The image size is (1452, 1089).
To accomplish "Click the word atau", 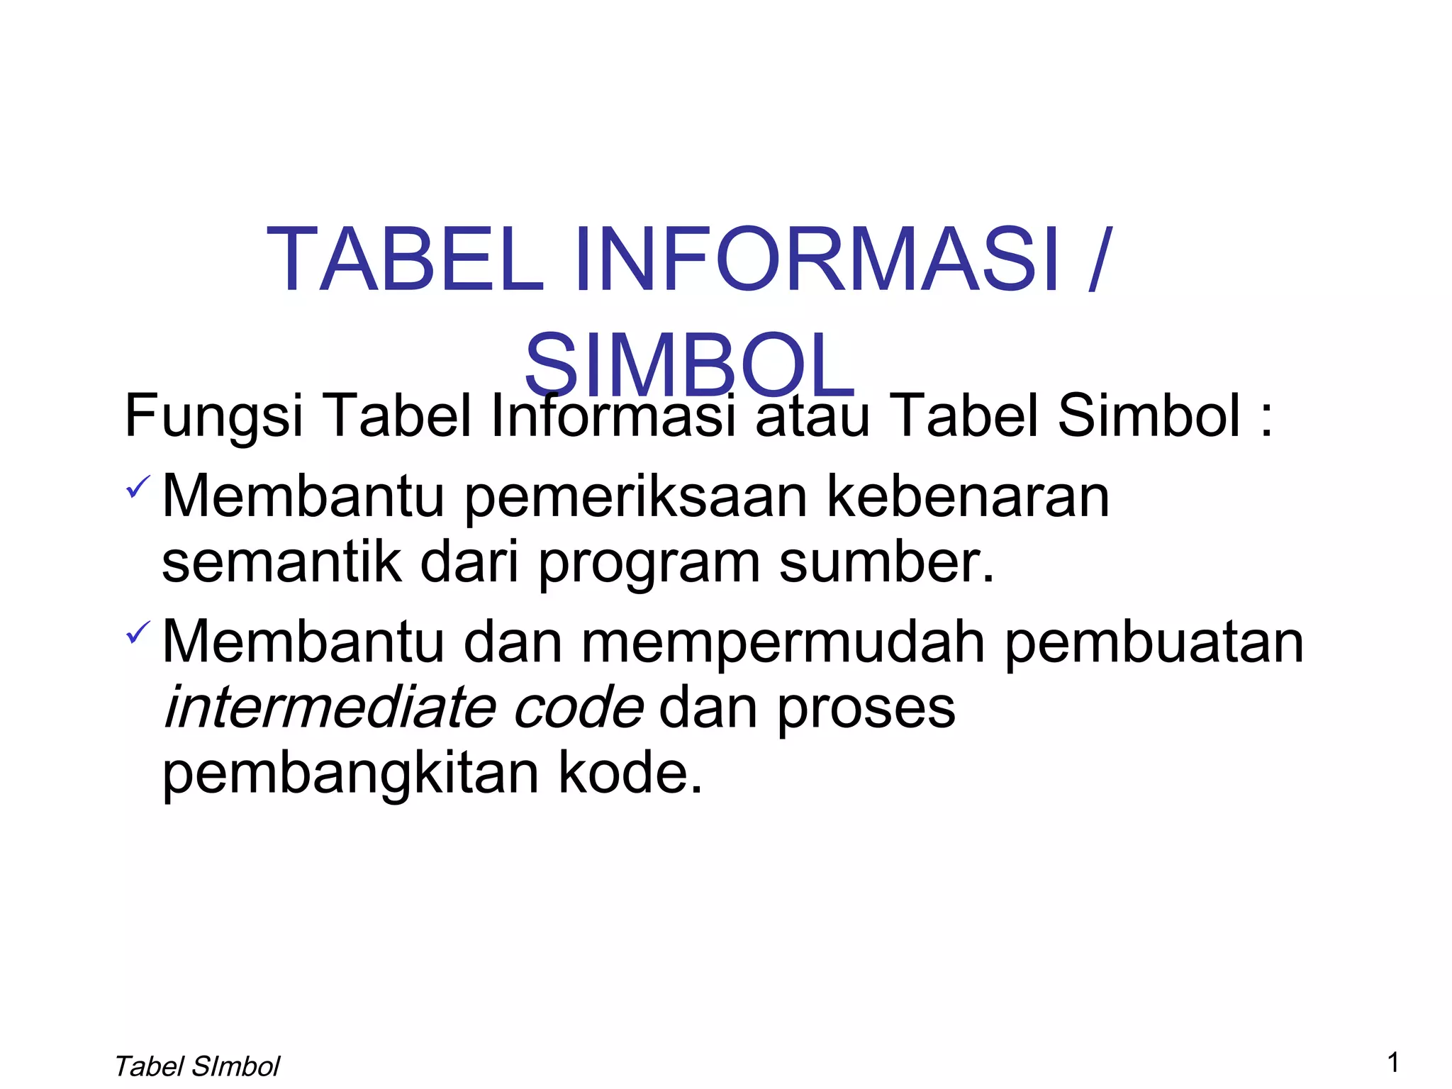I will coord(812,416).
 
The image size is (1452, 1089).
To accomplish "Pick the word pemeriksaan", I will coord(635,498).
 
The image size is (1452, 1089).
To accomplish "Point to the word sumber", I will coord(886,562).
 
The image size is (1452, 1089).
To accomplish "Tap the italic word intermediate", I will coord(329,708).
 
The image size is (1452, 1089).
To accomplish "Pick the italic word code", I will coord(578,708).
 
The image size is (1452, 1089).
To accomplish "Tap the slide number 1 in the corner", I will coord(1393,1062).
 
